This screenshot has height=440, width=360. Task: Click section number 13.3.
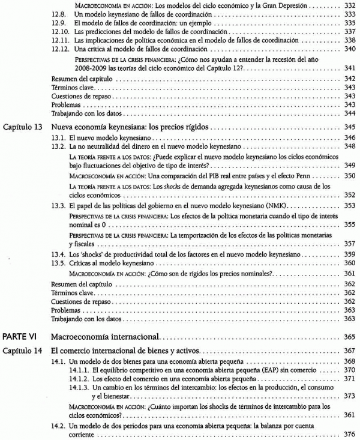point(59,206)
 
